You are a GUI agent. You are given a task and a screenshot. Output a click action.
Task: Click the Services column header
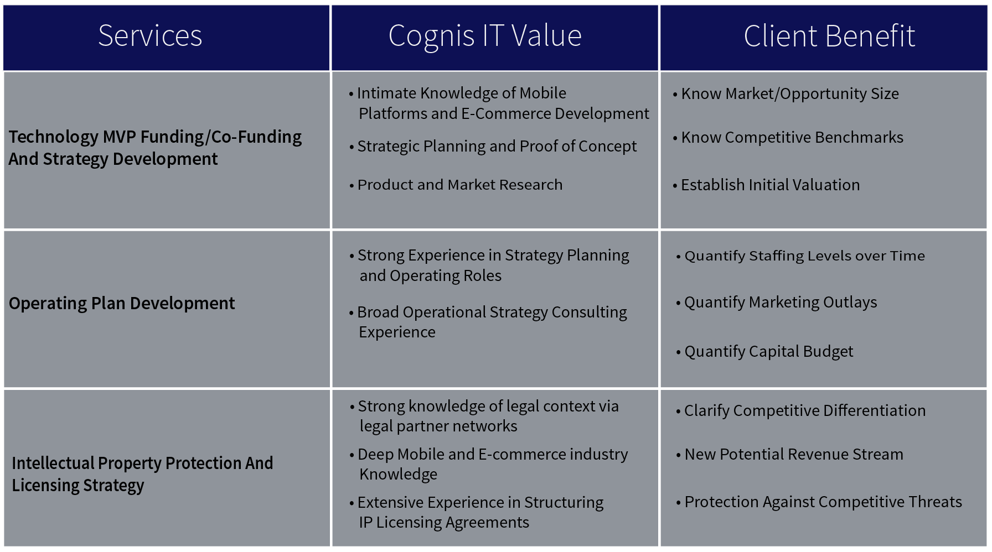(150, 36)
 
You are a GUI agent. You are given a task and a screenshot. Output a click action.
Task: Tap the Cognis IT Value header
(485, 37)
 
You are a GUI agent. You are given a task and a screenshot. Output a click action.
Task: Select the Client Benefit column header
(829, 37)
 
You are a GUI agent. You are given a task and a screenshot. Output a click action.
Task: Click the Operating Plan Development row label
(122, 303)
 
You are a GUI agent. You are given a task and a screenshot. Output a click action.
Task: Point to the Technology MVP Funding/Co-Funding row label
(155, 148)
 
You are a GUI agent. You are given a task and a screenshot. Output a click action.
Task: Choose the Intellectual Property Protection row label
(142, 474)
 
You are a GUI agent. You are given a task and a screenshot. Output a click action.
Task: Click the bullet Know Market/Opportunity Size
(786, 94)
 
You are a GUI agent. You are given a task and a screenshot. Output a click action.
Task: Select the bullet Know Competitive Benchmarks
(788, 137)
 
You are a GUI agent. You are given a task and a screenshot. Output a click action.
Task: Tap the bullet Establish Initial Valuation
(766, 185)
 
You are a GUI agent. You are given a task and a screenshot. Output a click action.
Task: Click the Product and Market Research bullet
(456, 185)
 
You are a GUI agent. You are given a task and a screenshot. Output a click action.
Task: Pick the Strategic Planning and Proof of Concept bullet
(493, 147)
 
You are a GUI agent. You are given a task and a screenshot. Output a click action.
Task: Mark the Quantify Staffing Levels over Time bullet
(800, 256)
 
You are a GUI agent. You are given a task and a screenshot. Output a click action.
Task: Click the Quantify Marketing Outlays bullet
(776, 303)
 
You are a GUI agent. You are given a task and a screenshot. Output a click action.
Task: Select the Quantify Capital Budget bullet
(764, 352)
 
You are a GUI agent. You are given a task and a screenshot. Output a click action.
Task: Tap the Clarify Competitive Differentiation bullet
(800, 410)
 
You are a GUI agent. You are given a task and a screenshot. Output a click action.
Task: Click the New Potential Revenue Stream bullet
(789, 455)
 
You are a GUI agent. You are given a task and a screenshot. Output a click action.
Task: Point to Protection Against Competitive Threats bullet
(819, 502)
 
